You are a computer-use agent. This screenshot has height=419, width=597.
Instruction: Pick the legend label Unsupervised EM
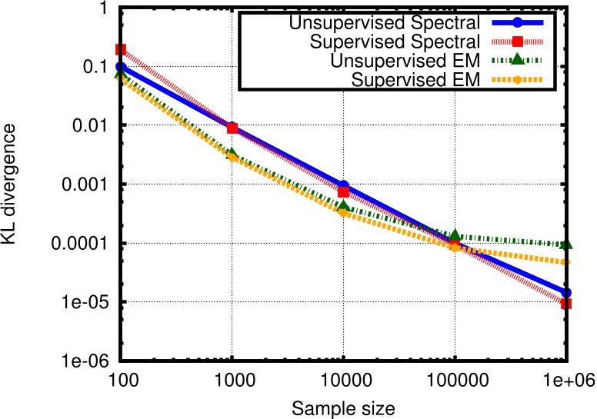pos(399,59)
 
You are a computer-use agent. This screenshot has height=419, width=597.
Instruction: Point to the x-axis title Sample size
pos(344,407)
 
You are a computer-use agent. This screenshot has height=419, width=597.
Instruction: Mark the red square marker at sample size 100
pos(120,49)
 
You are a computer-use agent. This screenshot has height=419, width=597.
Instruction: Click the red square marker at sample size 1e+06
pos(566,304)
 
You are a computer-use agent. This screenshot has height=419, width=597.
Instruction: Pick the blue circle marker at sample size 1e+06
pos(566,293)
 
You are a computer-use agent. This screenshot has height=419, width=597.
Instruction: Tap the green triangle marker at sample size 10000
pos(344,206)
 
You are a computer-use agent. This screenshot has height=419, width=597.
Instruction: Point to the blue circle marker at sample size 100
pos(120,67)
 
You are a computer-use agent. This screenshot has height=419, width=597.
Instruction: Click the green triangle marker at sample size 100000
pos(455,234)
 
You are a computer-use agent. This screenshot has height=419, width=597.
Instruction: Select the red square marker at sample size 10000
pos(344,191)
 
